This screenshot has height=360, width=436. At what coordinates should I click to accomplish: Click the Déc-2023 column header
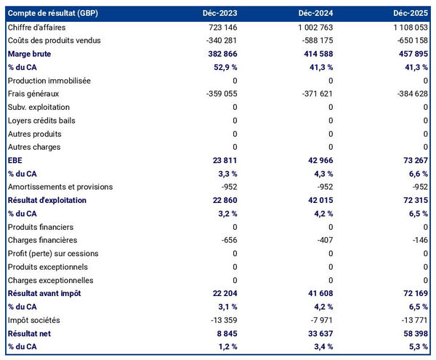click(x=219, y=14)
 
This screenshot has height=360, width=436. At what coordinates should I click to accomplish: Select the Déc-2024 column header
click(x=315, y=14)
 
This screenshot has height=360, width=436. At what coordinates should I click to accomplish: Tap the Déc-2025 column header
click(x=411, y=14)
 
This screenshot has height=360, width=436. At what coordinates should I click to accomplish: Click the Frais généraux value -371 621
click(x=316, y=94)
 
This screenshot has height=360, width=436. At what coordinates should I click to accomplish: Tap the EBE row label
click(x=15, y=160)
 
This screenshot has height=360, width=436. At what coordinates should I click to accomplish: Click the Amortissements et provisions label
click(x=60, y=187)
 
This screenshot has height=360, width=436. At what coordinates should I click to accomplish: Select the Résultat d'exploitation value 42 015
click(x=319, y=200)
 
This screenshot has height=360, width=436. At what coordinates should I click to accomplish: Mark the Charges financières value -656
click(x=227, y=240)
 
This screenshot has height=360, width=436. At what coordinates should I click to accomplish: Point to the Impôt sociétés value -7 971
click(x=320, y=320)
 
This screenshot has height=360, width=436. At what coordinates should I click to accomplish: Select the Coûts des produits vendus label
click(x=54, y=40)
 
